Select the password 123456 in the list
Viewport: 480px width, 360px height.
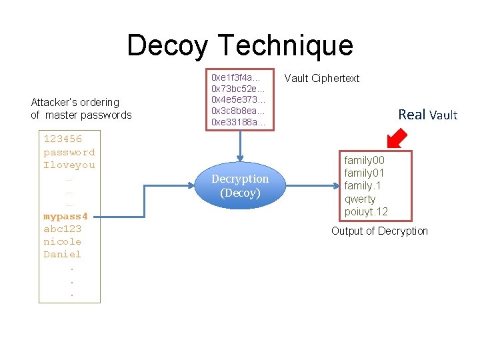coord(63,139)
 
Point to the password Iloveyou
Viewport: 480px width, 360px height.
coord(69,165)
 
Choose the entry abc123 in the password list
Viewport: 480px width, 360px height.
coord(62,229)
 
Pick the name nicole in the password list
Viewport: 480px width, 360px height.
coord(62,241)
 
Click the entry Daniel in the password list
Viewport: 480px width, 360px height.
coord(62,254)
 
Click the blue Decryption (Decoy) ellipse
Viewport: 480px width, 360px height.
coord(240,186)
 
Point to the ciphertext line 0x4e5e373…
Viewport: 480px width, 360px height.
coord(239,99)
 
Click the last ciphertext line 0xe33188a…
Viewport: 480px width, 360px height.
coord(239,123)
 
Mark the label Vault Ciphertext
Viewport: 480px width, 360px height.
coord(321,79)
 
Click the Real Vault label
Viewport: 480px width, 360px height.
coord(427,115)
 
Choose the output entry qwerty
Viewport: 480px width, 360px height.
coord(360,199)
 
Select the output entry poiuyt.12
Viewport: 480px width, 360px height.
coord(366,212)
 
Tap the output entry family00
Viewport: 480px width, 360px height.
coord(364,161)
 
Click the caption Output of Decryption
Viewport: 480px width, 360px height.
coord(380,231)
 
